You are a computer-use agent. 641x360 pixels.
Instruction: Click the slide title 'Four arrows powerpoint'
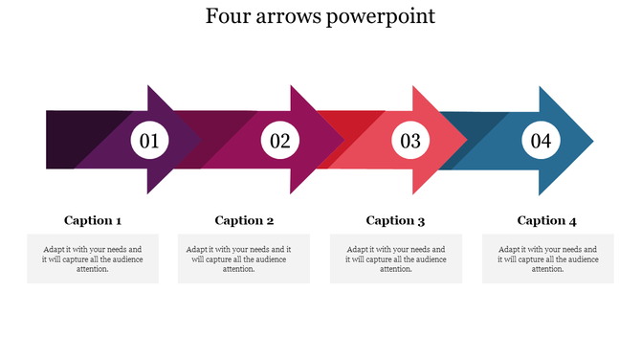pos(320,17)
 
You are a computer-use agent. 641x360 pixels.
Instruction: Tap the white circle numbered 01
pos(149,142)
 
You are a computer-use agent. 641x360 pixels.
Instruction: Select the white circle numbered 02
pos(280,142)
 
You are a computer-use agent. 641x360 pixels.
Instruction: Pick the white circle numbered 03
pos(410,142)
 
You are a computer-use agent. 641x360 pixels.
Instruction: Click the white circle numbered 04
pos(542,142)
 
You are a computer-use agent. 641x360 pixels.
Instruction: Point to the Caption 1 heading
pos(93,220)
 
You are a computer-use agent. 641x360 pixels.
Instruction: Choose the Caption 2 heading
pos(244,220)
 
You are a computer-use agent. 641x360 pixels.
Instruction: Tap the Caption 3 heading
pos(395,220)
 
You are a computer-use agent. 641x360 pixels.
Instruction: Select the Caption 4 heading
pos(546,220)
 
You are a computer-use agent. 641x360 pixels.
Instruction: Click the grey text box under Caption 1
pos(93,258)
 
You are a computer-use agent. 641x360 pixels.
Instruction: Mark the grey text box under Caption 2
pos(244,258)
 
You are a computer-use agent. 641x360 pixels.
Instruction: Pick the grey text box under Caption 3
pos(395,258)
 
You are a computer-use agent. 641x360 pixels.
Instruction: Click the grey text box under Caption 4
pos(547,258)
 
